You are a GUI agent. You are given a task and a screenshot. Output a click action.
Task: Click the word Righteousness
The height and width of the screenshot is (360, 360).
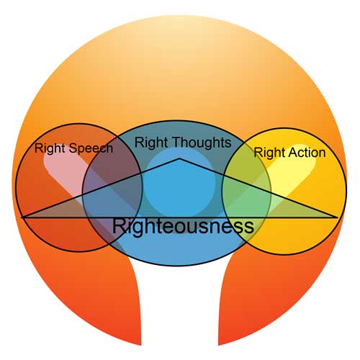[x=183, y=226]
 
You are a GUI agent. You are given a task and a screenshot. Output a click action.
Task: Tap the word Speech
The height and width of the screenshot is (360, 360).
[x=91, y=148]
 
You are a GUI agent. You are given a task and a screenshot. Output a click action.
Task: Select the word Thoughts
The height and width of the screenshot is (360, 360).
[x=202, y=143]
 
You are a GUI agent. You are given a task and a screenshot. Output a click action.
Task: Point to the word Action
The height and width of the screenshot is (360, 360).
[x=307, y=153]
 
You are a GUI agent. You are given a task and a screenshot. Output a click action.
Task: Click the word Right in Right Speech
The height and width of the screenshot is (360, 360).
[x=50, y=148]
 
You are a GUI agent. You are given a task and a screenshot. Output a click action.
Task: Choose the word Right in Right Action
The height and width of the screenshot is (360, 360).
[x=270, y=153]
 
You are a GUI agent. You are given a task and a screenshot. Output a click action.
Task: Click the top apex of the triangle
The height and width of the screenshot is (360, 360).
[x=179, y=158]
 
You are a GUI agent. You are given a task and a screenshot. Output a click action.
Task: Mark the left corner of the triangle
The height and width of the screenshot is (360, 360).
[x=22, y=217]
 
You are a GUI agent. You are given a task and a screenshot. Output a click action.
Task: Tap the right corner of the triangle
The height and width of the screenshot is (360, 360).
[x=338, y=217]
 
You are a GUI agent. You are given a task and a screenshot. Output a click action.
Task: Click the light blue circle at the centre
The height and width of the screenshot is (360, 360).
[x=179, y=183]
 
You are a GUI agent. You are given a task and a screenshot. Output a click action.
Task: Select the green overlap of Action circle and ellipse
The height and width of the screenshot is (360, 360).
[x=246, y=192]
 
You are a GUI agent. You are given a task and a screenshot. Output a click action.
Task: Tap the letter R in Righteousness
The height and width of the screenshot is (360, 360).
[x=119, y=226]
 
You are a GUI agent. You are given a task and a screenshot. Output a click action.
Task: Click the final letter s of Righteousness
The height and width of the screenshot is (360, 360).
[x=250, y=228]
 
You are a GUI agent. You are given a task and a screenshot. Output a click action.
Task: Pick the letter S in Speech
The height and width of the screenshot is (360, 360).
[x=73, y=148]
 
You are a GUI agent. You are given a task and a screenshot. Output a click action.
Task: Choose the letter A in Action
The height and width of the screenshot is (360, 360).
[x=293, y=153]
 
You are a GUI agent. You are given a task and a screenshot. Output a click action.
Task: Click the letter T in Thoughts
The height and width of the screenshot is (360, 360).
[x=178, y=142]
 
